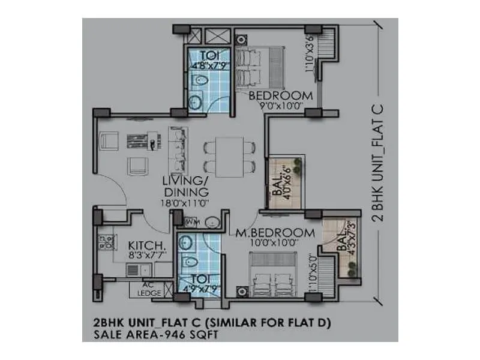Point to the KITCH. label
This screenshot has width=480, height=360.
[146, 246]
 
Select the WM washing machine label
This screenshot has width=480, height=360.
[193, 222]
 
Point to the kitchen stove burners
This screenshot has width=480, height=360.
[109, 242]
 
